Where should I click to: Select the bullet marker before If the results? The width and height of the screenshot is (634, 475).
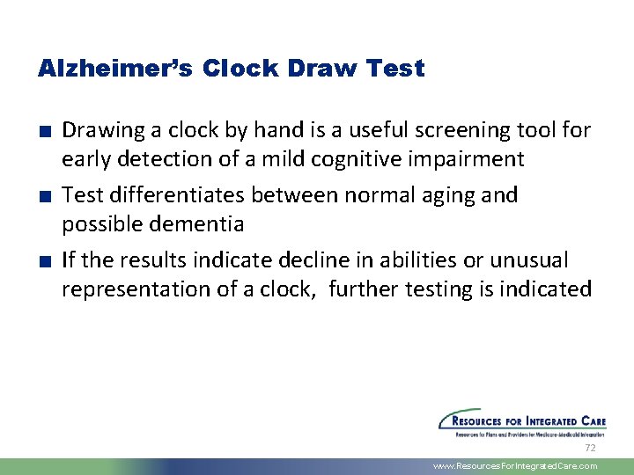point(43,261)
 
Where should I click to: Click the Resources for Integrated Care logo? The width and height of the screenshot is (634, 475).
point(522,423)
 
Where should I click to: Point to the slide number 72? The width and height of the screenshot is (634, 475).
point(590,448)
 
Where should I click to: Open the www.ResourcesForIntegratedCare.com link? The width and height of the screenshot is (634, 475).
point(515,466)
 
